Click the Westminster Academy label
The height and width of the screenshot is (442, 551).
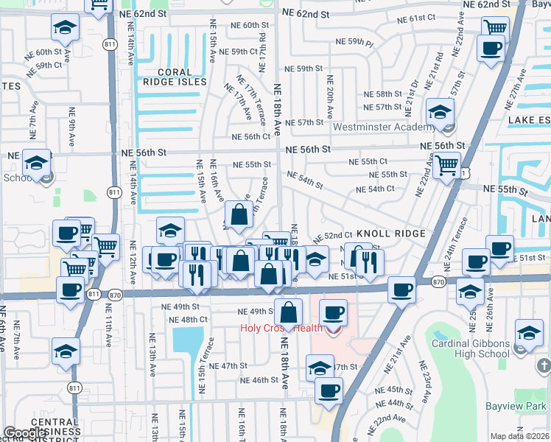pyautogui.click(x=379, y=127)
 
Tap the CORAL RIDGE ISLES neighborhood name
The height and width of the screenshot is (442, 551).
pyautogui.click(x=174, y=77)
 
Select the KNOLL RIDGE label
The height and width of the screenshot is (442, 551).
pyautogui.click(x=390, y=234)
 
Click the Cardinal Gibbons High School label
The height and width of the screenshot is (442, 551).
pyautogui.click(x=471, y=348)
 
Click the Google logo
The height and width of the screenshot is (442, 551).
pyautogui.click(x=25, y=433)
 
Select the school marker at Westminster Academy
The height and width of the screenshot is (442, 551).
pyautogui.click(x=441, y=113)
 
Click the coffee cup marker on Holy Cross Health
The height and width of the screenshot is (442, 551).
pyautogui.click(x=333, y=313)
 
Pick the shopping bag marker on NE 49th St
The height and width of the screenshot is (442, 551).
pyautogui.click(x=288, y=312)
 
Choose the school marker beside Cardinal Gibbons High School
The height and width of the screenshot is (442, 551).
pyautogui.click(x=529, y=334)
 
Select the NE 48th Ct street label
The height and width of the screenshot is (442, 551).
pyautogui.click(x=188, y=320)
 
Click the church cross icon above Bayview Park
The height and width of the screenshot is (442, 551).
pyautogui.click(x=543, y=365)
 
